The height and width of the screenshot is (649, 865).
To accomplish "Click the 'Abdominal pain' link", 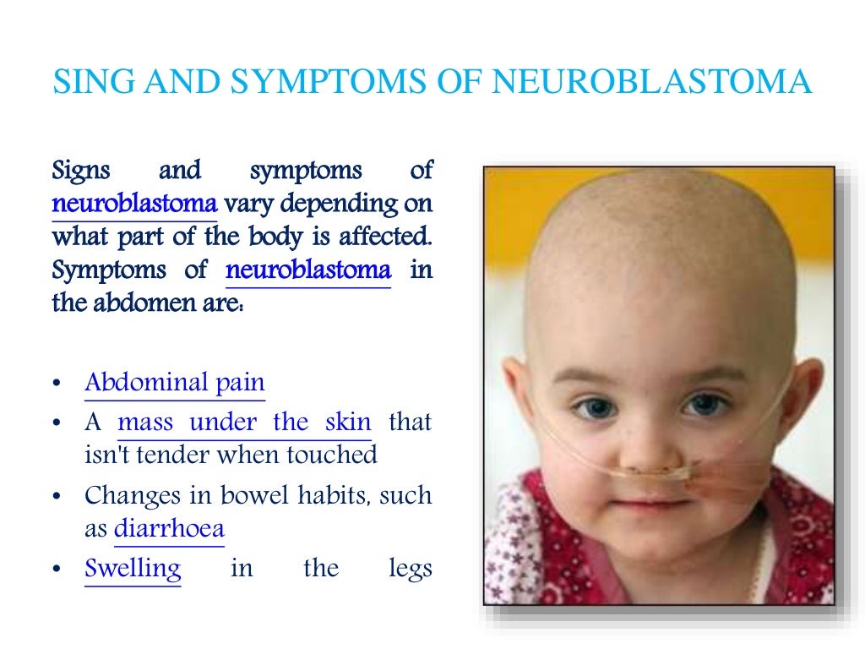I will [175, 383].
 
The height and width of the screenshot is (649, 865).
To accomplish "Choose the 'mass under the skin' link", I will [244, 422].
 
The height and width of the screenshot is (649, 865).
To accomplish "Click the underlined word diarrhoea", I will [169, 529].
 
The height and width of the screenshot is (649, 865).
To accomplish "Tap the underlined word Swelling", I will [133, 568].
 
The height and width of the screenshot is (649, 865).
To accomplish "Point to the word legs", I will [410, 568].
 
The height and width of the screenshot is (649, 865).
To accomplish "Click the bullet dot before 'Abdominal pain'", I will [57, 384].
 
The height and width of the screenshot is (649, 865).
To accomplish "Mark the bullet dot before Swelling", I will [57, 570].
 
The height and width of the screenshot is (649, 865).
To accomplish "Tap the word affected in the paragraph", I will [394, 237].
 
